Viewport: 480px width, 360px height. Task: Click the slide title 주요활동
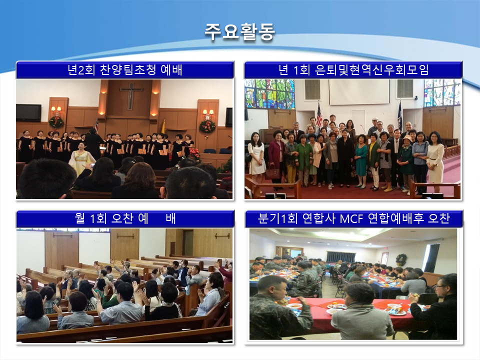239,31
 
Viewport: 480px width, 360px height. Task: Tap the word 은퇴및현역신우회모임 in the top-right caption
371,70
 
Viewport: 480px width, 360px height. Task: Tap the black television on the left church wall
28,112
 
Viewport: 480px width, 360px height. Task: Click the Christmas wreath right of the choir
207,126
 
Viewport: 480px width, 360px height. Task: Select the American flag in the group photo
319,115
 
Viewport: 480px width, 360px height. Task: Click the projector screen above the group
359,92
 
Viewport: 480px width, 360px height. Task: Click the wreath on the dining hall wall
401,260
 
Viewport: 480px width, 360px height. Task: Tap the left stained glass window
269,94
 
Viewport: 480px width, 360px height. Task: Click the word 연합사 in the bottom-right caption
318,218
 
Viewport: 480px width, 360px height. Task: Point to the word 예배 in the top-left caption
171,70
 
